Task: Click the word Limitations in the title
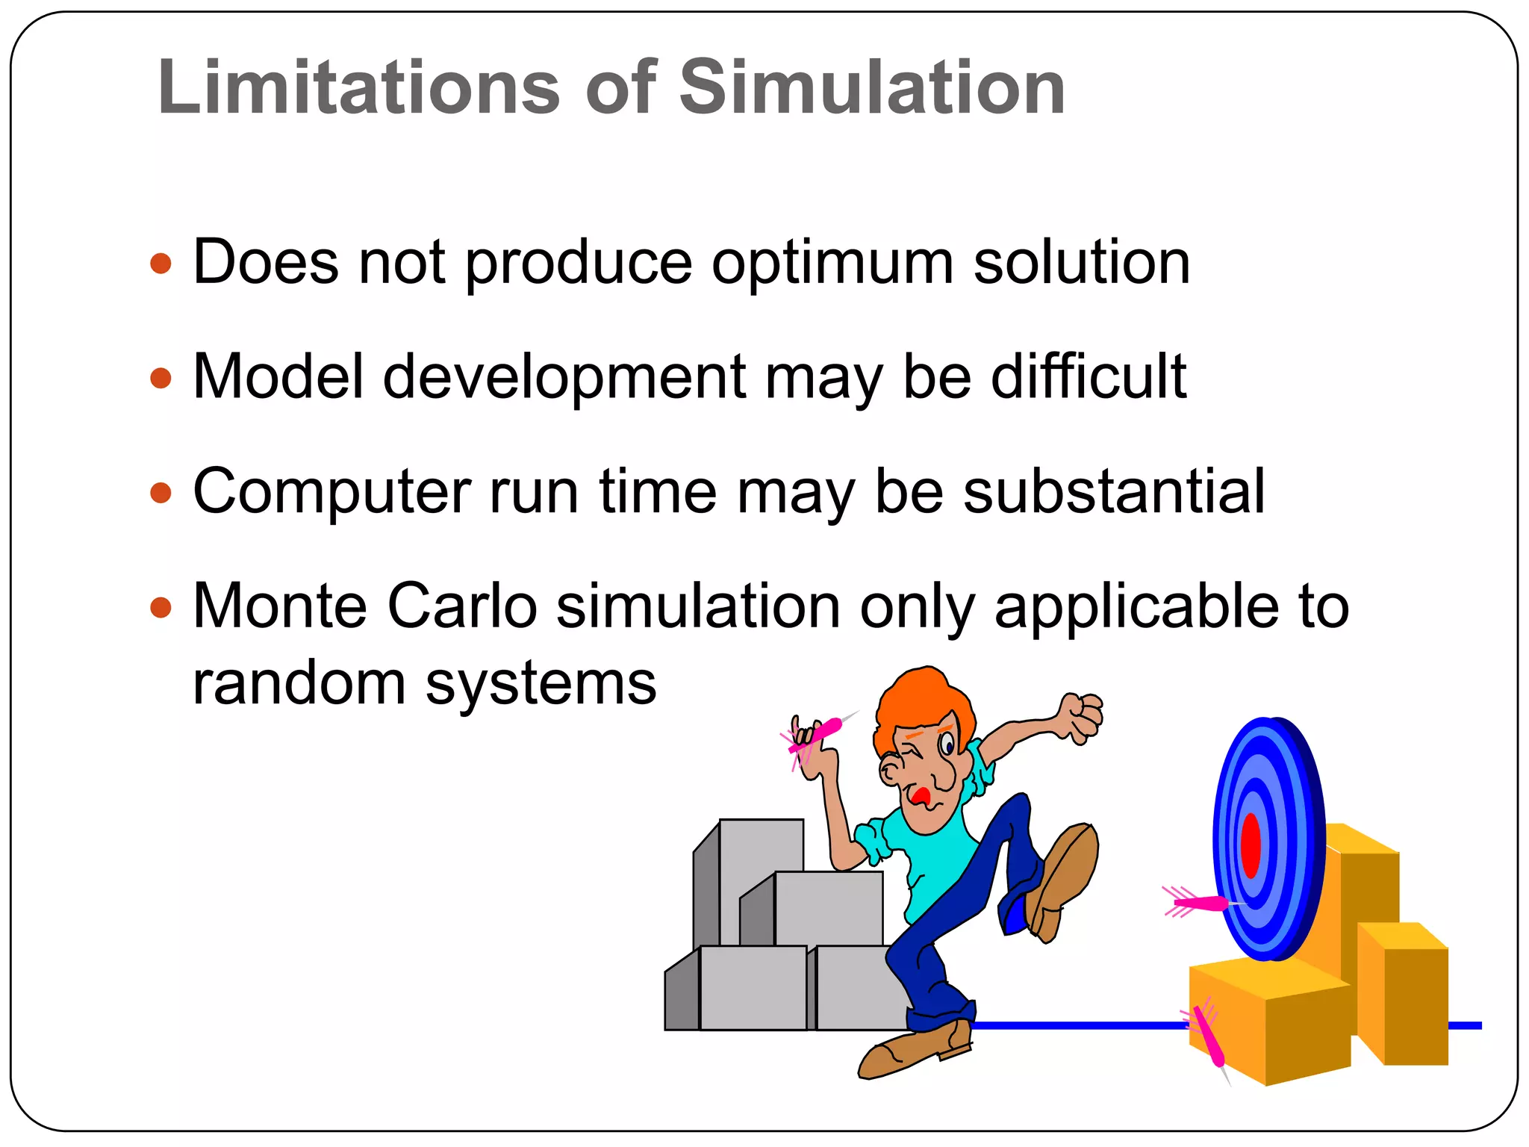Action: coord(358,87)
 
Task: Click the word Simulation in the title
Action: coord(871,87)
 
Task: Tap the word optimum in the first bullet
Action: coord(832,263)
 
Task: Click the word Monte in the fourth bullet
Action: coord(280,606)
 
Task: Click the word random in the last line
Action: coord(299,683)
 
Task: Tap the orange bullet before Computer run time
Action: coord(161,493)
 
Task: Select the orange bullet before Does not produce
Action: coord(161,264)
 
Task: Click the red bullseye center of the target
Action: coord(1251,845)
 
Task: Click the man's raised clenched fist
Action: coord(1081,717)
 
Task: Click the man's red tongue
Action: coord(921,795)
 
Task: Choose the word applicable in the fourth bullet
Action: coord(1135,606)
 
